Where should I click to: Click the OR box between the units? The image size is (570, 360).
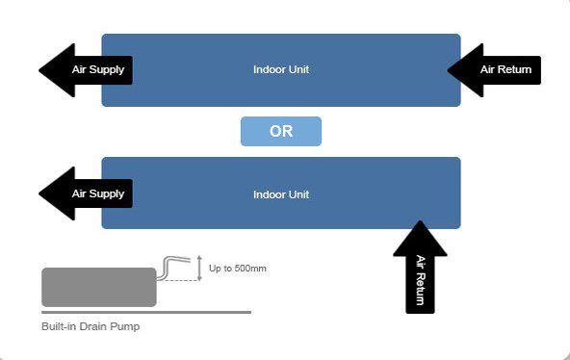coord(281,131)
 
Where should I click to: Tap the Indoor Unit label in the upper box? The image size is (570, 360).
coord(281,69)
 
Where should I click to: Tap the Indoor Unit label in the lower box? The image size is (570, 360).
coord(281,194)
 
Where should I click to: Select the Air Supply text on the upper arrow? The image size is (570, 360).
coord(98,69)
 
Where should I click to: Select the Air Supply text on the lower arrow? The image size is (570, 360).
coord(98,193)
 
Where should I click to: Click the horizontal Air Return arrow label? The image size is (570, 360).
coord(505,69)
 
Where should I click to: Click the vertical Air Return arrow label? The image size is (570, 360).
coord(420,280)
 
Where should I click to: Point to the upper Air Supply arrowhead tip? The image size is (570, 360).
coord(39,70)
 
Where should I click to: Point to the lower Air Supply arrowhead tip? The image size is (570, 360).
coord(39,193)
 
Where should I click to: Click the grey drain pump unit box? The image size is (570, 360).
coord(99,288)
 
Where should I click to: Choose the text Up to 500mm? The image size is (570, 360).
coord(238,269)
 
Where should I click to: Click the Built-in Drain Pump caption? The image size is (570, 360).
coord(91,326)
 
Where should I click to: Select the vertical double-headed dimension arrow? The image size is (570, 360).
coord(199,269)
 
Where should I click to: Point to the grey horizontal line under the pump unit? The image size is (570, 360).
coord(146,313)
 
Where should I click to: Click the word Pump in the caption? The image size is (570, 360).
coord(125,326)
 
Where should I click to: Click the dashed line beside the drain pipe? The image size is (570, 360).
coord(178,280)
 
